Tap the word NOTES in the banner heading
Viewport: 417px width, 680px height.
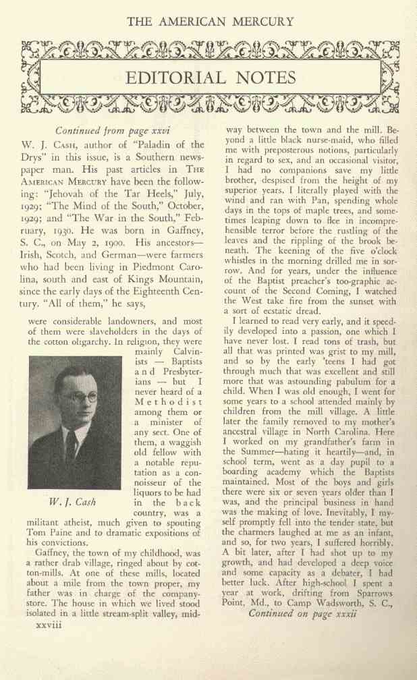[263, 78]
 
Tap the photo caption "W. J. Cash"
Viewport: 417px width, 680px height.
[72, 503]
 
